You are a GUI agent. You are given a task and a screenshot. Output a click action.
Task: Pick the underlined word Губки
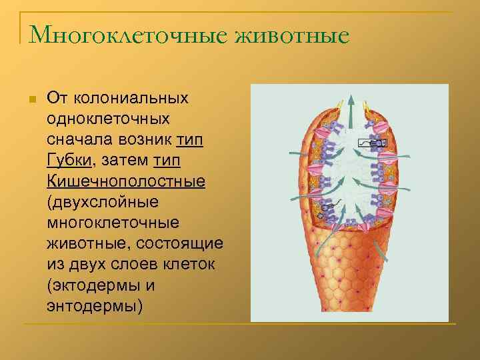pos(71,161)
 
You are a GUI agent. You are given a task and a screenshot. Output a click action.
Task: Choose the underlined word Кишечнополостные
pos(126,181)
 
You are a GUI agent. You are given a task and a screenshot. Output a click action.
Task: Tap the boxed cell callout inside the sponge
pos(372,143)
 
